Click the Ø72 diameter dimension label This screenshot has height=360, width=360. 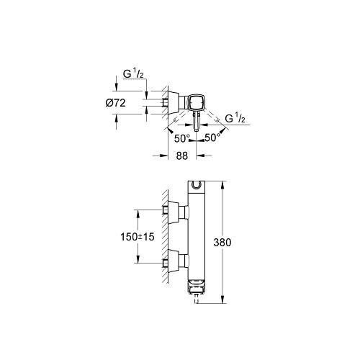click(115, 103)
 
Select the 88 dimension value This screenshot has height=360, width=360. click(181, 156)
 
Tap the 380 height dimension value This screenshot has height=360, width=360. click(222, 243)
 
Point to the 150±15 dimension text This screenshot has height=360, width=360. click(138, 237)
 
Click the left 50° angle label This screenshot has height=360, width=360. click(182, 138)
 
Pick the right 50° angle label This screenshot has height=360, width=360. click(212, 138)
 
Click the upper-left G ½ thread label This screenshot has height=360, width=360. click(133, 74)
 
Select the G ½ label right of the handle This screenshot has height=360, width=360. click(235, 119)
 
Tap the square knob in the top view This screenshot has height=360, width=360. click(197, 103)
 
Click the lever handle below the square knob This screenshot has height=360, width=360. click(197, 122)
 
